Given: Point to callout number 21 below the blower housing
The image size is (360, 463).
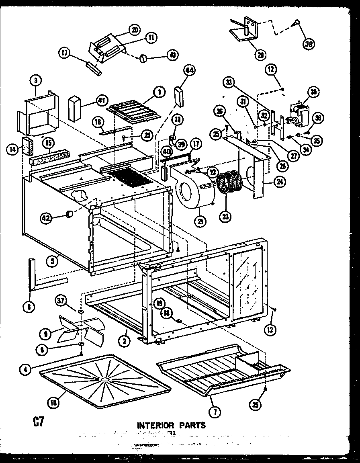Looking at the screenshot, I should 199,220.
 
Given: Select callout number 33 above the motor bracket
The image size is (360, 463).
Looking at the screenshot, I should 229,83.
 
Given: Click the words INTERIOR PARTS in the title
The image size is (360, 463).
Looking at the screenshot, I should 172,425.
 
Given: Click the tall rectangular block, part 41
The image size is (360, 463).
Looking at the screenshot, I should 75,108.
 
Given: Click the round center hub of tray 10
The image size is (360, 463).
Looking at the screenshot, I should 105,379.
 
